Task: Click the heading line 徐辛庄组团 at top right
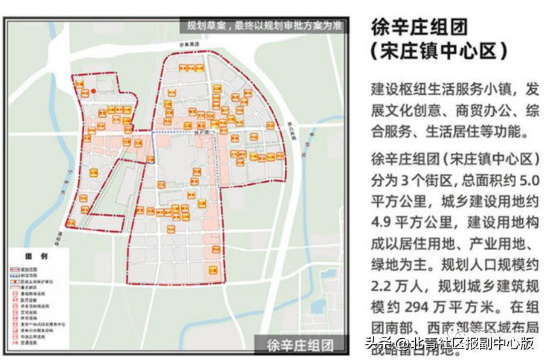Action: pos(419,27)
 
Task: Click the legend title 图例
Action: pos(37,256)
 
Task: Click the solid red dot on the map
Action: pos(94,91)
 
